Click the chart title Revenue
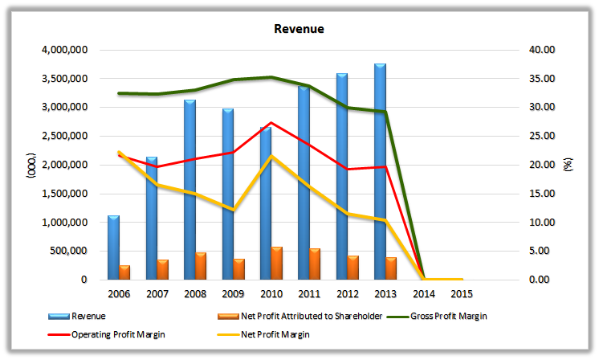[299, 29]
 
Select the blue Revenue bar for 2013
[380, 171]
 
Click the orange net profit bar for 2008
[201, 266]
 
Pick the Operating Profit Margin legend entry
[120, 333]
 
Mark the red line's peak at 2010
[271, 123]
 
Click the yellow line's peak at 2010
[271, 156]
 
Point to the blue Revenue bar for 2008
[189, 190]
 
